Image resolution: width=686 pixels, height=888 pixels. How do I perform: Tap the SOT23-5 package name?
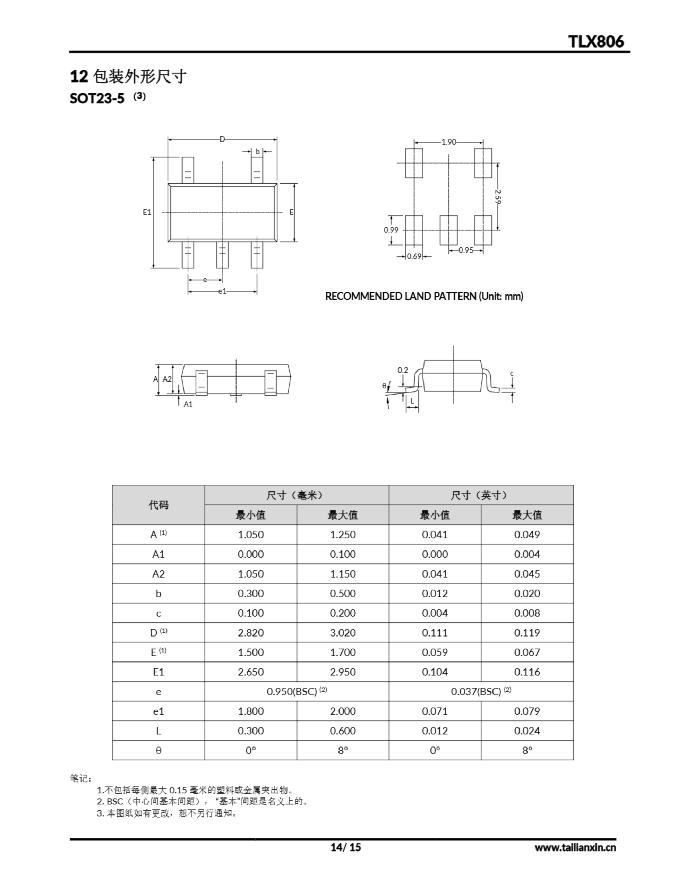[97, 99]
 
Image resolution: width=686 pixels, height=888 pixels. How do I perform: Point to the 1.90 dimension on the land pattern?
[448, 142]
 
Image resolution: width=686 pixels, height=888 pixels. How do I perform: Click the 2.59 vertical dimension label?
[498, 196]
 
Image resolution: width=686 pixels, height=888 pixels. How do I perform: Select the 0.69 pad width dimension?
[414, 257]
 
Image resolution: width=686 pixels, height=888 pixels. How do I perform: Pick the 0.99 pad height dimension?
[391, 230]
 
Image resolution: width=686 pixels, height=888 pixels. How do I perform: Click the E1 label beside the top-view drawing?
[147, 212]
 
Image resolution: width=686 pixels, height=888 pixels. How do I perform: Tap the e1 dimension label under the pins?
[222, 291]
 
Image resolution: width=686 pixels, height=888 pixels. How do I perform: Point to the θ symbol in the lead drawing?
[384, 386]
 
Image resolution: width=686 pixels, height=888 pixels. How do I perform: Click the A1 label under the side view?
[188, 404]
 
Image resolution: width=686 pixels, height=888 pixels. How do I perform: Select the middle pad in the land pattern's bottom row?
[448, 230]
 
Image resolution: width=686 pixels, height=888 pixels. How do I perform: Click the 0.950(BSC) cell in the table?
[297, 692]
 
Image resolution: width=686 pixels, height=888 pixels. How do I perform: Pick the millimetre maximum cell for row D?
[342, 633]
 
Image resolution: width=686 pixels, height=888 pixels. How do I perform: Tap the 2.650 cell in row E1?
[250, 672]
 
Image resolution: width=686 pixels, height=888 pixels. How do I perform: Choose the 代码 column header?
[158, 505]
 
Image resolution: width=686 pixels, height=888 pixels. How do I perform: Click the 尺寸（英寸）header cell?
[481, 495]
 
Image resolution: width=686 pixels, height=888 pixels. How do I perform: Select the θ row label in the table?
[158, 751]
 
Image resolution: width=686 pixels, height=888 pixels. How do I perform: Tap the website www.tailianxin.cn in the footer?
[575, 847]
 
